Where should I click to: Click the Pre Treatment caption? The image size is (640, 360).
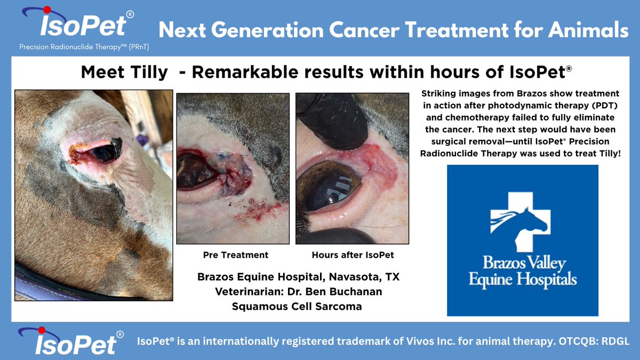click(x=236, y=255)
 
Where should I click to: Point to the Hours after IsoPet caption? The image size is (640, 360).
click(x=352, y=255)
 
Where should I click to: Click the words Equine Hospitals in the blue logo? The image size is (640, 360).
click(x=522, y=278)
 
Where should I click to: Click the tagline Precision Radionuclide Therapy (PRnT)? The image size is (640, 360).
click(x=84, y=47)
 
